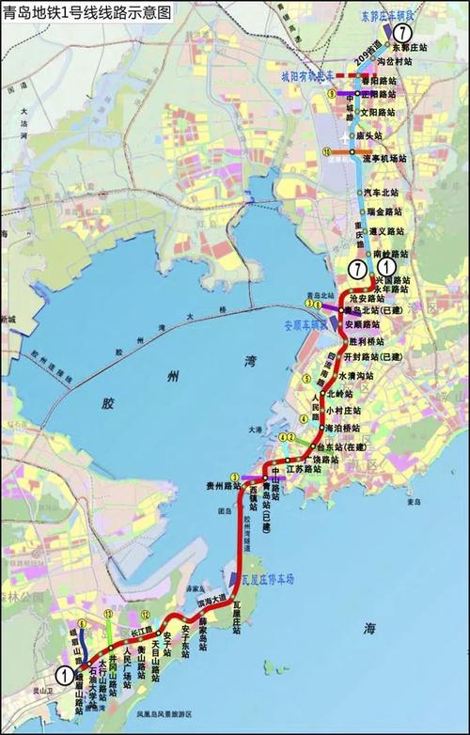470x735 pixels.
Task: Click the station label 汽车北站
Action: [381, 192]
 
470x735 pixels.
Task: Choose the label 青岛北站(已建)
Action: [372, 309]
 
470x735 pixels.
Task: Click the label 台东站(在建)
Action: [344, 448]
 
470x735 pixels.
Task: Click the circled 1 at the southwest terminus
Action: [64, 673]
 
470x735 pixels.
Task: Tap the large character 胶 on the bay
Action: [111, 402]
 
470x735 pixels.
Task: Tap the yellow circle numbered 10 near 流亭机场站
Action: [325, 151]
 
